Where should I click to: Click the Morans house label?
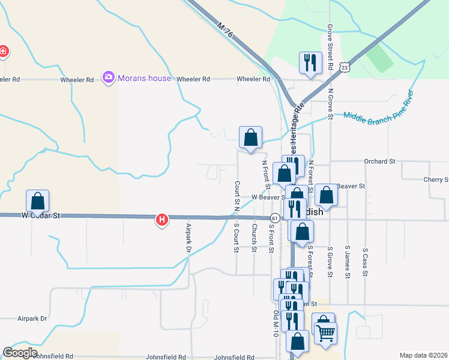pos(144,78)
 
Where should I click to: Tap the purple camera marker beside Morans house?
pos(109,77)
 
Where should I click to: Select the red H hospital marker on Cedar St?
pos(161,220)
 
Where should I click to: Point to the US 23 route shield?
pos(344,68)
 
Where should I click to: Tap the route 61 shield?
pos(274,217)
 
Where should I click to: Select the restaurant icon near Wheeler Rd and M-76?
pos(310,62)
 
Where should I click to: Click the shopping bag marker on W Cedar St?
pos(37,200)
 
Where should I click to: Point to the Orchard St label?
pos(379,161)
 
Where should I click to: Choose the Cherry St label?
pos(436,179)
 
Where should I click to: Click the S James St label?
pos(347,262)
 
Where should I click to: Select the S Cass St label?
pos(365,262)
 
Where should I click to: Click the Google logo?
pos(20,353)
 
